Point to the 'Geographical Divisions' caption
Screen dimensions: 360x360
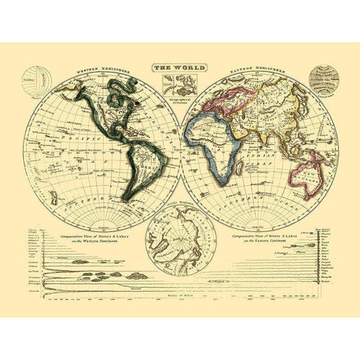[180, 105]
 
